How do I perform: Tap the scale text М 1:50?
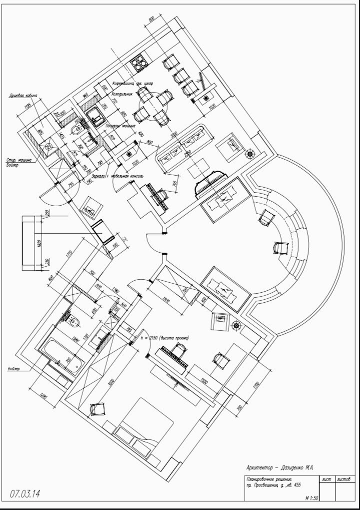coord(312,498)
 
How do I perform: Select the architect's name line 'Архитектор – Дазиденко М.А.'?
coord(279,467)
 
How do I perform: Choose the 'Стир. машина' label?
coord(19,160)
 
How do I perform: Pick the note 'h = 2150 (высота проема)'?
coord(165,338)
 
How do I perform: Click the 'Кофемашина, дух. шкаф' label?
coord(132,82)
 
